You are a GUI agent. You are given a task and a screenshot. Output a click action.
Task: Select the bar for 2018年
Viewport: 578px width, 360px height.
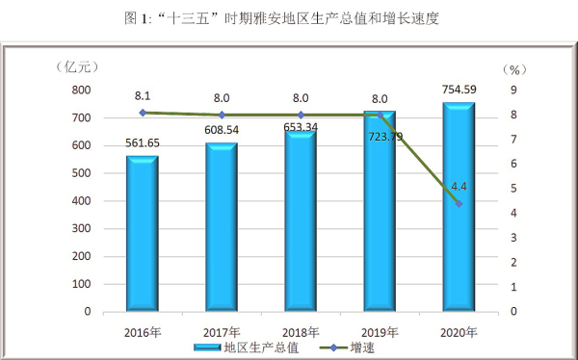tap(300, 221)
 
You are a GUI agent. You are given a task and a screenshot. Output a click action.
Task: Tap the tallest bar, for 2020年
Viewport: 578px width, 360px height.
tap(458, 207)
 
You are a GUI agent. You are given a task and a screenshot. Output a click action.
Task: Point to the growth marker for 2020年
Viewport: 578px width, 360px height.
tap(459, 204)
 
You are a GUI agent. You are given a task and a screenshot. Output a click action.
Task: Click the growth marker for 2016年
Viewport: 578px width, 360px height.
tap(143, 113)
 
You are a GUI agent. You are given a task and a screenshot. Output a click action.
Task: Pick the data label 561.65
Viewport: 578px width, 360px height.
tap(142, 142)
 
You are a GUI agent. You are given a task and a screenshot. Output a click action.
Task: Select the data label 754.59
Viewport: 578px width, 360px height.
tap(458, 91)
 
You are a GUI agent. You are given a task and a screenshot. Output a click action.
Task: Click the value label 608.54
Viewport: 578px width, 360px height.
tap(221, 130)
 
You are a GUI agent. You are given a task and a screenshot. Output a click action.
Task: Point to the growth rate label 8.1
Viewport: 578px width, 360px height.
tap(143, 96)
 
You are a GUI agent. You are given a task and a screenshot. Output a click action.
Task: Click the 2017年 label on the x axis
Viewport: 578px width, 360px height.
tap(221, 330)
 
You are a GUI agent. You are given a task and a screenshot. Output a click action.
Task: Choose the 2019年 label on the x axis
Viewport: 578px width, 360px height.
tap(379, 330)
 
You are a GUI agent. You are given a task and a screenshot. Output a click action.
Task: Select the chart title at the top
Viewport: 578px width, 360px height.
tap(289, 17)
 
